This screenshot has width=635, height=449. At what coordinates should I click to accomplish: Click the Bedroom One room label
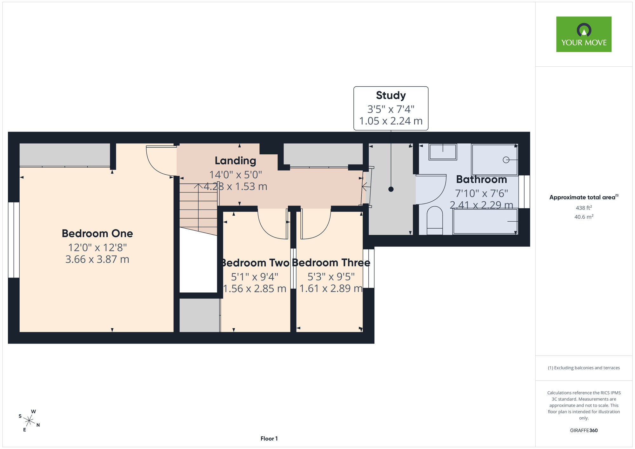click(x=97, y=233)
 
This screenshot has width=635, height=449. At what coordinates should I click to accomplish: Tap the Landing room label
click(x=235, y=161)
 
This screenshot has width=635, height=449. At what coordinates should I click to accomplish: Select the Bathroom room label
click(x=481, y=179)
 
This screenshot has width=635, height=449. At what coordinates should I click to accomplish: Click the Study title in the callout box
click(x=391, y=95)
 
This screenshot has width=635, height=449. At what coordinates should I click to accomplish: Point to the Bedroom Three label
click(x=331, y=263)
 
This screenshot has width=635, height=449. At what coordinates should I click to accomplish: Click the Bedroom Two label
click(x=255, y=263)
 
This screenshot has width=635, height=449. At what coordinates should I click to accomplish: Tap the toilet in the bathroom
click(x=435, y=220)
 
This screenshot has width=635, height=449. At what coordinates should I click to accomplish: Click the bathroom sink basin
click(x=443, y=152)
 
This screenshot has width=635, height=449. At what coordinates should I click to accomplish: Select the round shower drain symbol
click(x=506, y=160)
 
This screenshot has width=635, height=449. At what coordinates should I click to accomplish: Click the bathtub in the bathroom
click(x=485, y=221)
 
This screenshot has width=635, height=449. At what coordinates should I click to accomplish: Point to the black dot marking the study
click(x=391, y=189)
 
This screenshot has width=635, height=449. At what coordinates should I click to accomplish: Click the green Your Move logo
click(x=584, y=34)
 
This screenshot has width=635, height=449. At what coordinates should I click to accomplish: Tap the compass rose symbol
click(x=29, y=421)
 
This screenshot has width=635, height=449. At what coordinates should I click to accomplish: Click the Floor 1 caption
click(x=269, y=439)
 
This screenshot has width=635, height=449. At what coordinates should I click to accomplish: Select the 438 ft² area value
click(x=584, y=208)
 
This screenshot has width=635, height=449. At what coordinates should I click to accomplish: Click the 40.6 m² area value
click(x=584, y=217)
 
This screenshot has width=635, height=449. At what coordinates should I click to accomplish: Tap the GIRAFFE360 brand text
click(x=584, y=431)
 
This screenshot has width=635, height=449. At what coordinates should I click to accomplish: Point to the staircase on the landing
click(x=198, y=209)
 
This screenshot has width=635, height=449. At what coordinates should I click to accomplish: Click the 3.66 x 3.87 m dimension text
click(x=97, y=259)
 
